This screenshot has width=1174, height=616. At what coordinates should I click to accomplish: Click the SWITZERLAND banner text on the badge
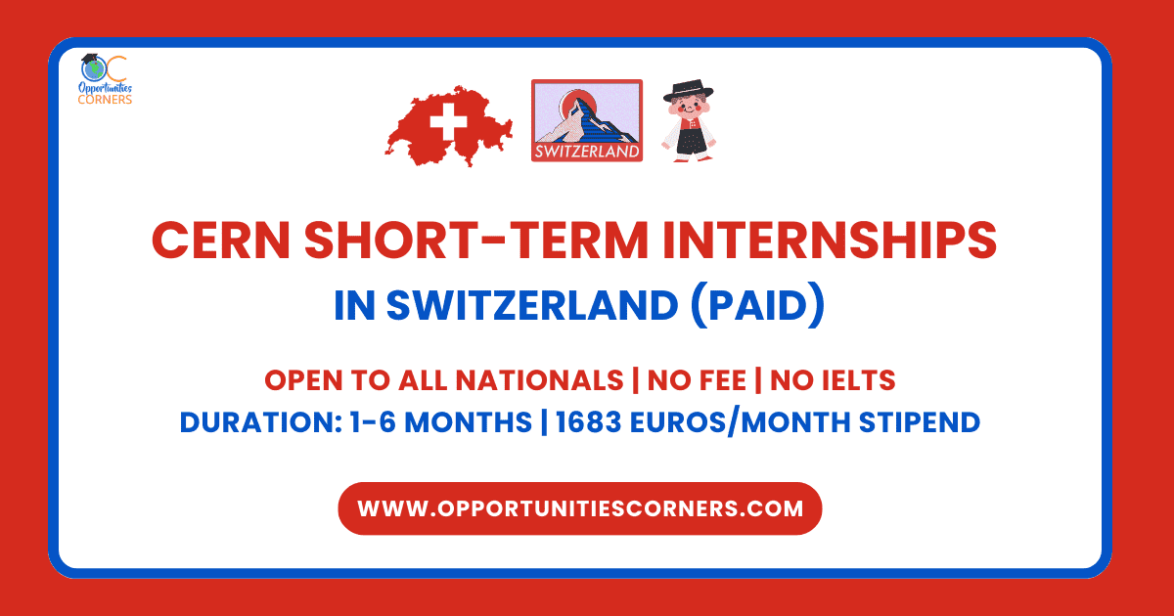(587, 152)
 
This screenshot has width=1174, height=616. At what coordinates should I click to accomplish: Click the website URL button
(579, 508)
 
